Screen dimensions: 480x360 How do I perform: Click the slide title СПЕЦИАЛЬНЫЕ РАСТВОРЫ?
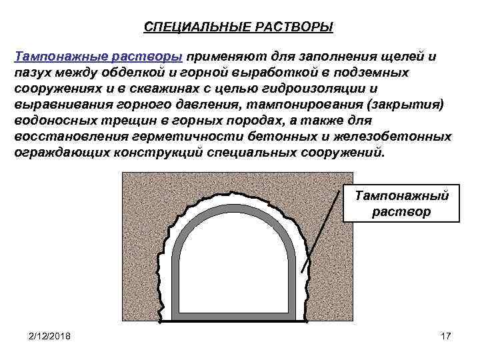(x=239, y=27)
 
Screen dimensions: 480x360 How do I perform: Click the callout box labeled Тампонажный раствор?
(x=402, y=203)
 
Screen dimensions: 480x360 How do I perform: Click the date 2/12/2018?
(x=49, y=335)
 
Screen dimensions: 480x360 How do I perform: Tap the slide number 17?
(x=446, y=335)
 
